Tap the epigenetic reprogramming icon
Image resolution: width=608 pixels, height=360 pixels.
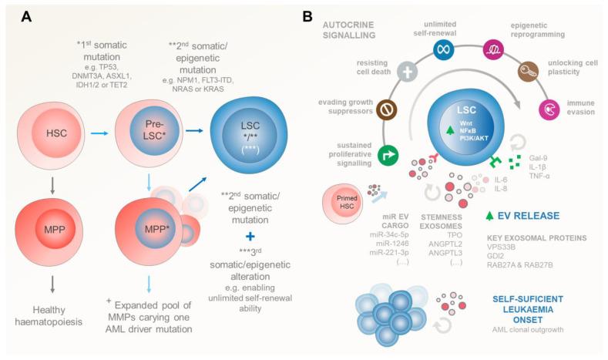492,51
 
